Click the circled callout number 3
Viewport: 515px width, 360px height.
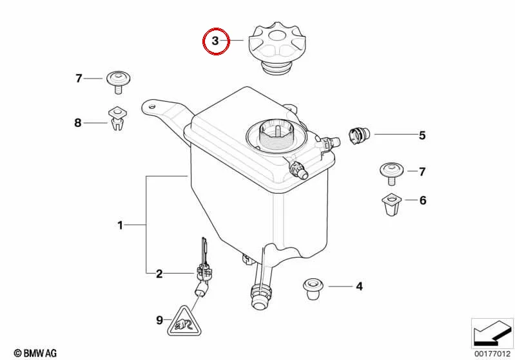(215, 41)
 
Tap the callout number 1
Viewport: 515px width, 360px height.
(121, 225)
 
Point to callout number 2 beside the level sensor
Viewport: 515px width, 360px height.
(159, 274)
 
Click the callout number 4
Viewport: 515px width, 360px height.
(359, 287)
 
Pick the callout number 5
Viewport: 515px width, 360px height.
(422, 135)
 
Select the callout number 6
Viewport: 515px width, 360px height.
(423, 200)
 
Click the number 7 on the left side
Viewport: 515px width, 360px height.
(79, 79)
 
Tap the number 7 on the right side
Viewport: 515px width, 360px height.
(422, 172)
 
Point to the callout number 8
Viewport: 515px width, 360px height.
(77, 123)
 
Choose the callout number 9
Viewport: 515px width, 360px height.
(159, 320)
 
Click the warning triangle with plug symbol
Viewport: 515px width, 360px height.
(184, 321)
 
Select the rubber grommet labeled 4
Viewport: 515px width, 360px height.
(312, 289)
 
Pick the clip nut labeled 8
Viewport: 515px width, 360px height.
(117, 118)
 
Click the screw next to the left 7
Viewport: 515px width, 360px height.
(118, 82)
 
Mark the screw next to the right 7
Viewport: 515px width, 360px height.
(391, 174)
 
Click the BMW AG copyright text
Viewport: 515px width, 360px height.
(35, 354)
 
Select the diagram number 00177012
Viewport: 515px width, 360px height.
(492, 354)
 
